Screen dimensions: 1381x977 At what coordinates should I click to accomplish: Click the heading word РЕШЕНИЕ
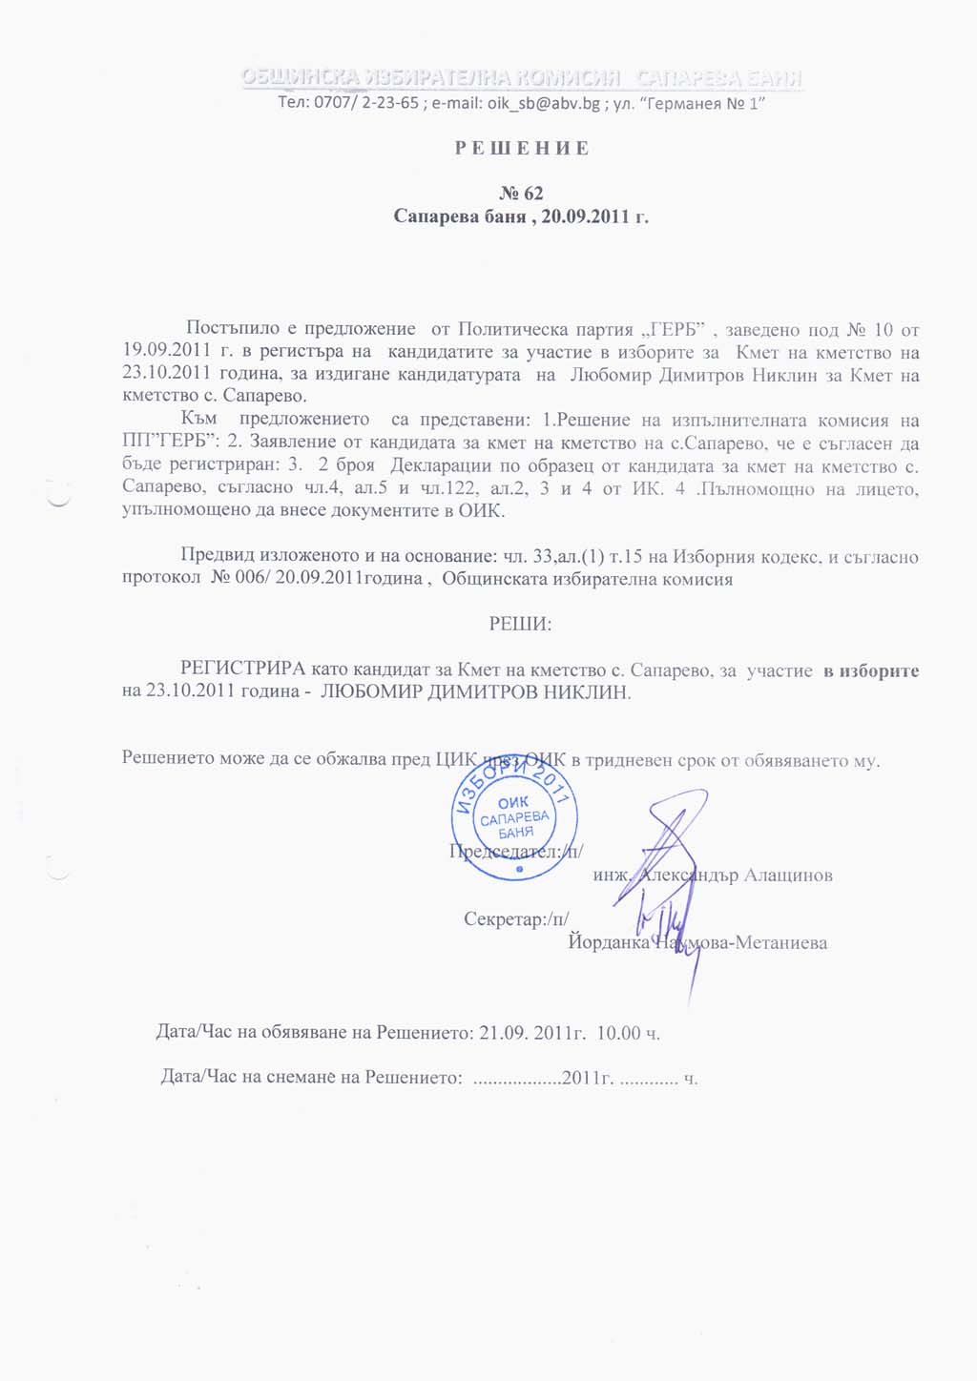pos(521,149)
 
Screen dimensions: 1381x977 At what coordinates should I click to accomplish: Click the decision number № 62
pos(521,194)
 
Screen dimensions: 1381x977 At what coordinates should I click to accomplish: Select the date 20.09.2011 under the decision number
pos(584,216)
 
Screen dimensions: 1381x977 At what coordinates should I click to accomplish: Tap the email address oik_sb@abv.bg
pos(544,103)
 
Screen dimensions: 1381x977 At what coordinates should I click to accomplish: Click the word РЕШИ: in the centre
pos(520,625)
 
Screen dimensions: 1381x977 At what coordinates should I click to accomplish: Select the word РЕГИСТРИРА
pos(243,670)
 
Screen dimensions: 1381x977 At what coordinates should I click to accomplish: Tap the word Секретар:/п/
pos(516,918)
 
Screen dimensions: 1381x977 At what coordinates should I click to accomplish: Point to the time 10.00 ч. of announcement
pos(628,1032)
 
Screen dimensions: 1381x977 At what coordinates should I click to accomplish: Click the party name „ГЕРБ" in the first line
pos(676,330)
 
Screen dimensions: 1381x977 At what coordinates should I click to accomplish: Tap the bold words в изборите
pos(871,670)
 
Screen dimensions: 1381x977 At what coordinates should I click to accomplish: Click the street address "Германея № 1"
pos(698,103)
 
